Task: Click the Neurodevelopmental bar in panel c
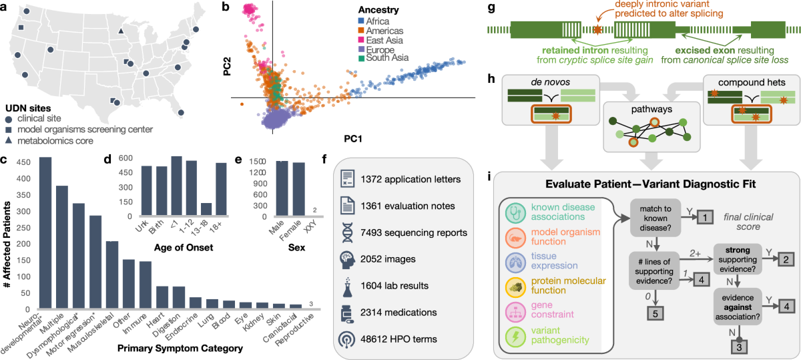point(45,233)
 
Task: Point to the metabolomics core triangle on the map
point(121,31)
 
